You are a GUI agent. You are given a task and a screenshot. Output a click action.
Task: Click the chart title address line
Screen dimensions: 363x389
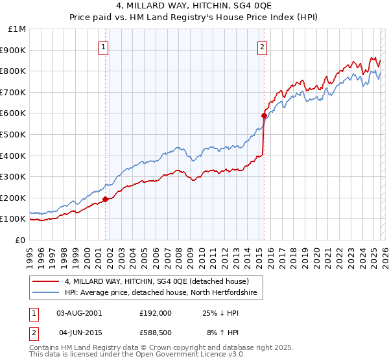click(x=194, y=7)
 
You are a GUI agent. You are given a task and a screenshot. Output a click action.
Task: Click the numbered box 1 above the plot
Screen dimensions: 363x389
click(x=104, y=46)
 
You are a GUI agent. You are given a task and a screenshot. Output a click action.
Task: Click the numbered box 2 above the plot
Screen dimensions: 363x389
click(x=263, y=46)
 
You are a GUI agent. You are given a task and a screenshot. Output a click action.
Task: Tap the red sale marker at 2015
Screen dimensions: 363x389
click(x=264, y=116)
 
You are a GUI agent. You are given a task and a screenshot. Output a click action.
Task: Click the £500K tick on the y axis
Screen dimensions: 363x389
click(x=14, y=134)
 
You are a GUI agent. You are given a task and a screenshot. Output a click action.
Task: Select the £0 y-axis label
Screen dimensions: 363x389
click(x=21, y=240)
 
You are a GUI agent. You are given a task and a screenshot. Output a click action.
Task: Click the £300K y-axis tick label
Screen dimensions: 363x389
click(x=14, y=176)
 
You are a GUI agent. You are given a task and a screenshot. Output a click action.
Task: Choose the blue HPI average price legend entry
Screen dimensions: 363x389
click(x=161, y=293)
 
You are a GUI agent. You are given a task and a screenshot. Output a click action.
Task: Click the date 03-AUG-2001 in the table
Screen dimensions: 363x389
click(x=79, y=312)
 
